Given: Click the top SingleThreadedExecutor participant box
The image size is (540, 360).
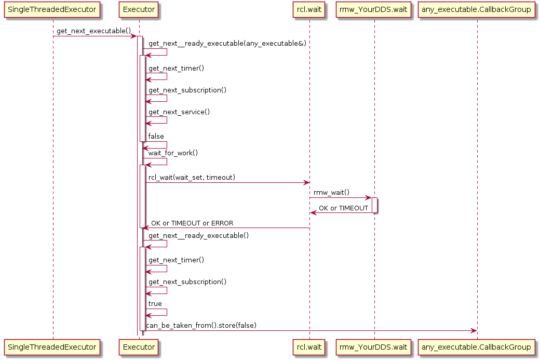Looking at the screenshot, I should [x=52, y=9].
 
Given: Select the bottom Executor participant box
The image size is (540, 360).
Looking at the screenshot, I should [x=139, y=346].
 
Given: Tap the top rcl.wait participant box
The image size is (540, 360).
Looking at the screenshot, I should [x=309, y=9].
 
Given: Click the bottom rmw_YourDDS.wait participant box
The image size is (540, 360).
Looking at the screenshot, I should [x=374, y=346].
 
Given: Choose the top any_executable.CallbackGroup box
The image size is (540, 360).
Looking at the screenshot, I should [x=477, y=9].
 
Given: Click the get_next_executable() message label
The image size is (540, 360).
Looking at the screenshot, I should [x=93, y=31].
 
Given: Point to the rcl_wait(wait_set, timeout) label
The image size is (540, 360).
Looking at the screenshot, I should [x=192, y=178].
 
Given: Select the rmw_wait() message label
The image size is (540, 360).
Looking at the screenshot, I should [x=331, y=192].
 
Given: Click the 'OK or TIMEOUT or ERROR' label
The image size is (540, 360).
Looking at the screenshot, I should [x=192, y=223].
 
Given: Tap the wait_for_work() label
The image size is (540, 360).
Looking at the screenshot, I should [x=173, y=153].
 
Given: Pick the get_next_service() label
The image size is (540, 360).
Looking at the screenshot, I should [x=179, y=112].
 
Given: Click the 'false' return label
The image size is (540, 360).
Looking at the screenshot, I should [x=156, y=136].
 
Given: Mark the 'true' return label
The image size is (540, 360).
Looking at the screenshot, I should [x=155, y=303].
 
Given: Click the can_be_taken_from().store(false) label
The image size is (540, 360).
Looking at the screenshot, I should [x=201, y=325].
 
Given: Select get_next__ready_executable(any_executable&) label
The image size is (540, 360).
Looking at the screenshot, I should [x=227, y=44].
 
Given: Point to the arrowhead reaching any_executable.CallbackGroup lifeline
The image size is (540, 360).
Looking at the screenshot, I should [x=474, y=331].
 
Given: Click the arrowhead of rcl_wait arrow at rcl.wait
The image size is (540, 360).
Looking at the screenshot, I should [x=306, y=183].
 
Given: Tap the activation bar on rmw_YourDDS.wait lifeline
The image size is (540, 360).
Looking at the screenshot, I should [x=374, y=205].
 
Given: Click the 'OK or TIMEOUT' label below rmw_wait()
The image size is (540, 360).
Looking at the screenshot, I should [x=343, y=208].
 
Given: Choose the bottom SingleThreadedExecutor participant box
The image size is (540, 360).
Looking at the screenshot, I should [x=52, y=346].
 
